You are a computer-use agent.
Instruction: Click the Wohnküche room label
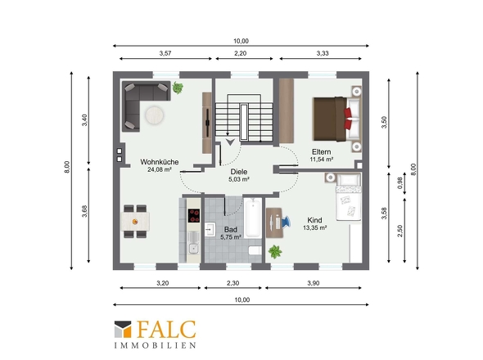coord(160,162)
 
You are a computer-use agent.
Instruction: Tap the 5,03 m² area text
coord(239,179)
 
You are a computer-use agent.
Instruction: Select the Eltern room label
coord(321,152)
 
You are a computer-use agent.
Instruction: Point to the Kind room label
coord(314,220)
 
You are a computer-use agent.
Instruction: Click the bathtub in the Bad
coord(253,218)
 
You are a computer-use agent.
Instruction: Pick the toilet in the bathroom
coord(255,250)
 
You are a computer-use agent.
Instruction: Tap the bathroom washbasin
coord(210,229)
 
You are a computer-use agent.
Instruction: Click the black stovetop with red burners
coord(194,215)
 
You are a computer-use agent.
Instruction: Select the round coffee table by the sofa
coord(155,115)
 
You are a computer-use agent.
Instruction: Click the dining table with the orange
coord(135,222)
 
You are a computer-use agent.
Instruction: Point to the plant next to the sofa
coord(178,88)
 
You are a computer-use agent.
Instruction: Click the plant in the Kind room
coord(275,252)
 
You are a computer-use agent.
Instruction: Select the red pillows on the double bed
coord(348,119)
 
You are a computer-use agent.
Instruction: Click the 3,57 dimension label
coord(165,53)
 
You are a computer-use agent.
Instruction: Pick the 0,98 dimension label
coord(400,183)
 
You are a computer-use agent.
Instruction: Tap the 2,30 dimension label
coord(232,283)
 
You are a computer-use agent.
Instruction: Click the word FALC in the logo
coord(166,329)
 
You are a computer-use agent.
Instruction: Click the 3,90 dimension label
coord(314,283)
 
